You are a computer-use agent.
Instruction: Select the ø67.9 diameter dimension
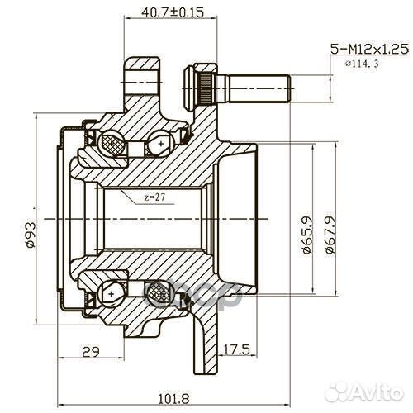click(328, 235)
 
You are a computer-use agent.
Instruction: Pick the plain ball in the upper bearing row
click(157, 147)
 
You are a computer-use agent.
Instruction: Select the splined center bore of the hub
click(153, 218)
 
